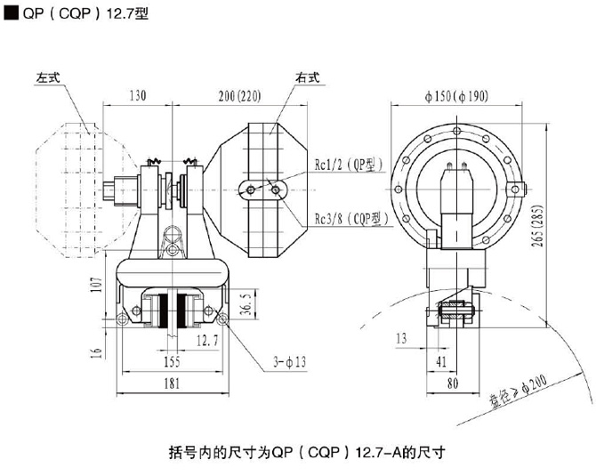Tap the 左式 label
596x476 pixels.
[x=49, y=77]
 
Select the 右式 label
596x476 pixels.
[x=308, y=78]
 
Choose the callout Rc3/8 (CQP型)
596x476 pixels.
[x=350, y=218]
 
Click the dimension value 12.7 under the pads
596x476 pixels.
[x=207, y=339]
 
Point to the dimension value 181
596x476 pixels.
[x=172, y=383]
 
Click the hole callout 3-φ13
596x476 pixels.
[x=291, y=364]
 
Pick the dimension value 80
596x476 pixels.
[x=451, y=383]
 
